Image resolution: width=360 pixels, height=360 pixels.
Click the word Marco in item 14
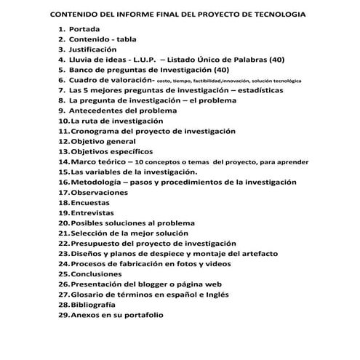pos(84,161)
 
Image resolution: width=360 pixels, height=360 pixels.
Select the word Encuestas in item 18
pos(90,203)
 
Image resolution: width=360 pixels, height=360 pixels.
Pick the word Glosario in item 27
pos(89,295)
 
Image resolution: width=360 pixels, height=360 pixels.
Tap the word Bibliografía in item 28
pos(93,305)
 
